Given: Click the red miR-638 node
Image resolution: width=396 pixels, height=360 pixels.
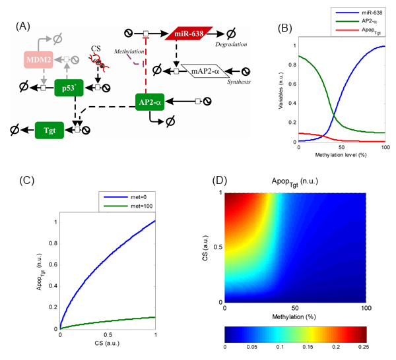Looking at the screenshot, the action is tap(189, 34).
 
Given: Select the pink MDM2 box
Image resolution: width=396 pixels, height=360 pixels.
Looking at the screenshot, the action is tap(38, 60).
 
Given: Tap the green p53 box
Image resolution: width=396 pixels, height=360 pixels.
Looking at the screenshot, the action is tap(69, 88).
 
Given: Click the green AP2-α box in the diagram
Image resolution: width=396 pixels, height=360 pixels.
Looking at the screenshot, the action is tap(150, 102).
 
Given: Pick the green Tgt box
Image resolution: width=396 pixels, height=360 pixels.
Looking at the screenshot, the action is tap(49, 130).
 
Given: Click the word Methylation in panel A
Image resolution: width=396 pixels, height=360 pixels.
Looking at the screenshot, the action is tap(129, 51).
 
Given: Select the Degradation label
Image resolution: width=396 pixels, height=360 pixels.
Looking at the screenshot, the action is tap(231, 44).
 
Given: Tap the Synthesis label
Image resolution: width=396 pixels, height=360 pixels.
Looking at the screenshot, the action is tap(239, 82).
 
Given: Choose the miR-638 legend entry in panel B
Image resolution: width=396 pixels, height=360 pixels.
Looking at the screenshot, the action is tap(358, 13).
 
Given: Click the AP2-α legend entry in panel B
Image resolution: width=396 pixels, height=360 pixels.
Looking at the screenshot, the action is tap(356, 21).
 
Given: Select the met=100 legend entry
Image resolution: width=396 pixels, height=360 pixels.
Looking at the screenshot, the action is tap(128, 206).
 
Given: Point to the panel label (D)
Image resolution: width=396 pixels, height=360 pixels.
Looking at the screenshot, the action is tap(220, 181).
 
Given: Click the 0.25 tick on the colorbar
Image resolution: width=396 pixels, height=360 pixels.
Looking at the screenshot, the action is tap(364, 347).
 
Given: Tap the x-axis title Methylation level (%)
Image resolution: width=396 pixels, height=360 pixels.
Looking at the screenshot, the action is tap(341, 155).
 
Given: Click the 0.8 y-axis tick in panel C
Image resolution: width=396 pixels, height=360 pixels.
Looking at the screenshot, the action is tap(53, 243).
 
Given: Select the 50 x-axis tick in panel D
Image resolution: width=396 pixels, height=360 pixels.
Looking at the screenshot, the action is tap(295, 308).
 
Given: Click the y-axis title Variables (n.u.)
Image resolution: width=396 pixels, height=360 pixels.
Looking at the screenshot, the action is tap(281, 90).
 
